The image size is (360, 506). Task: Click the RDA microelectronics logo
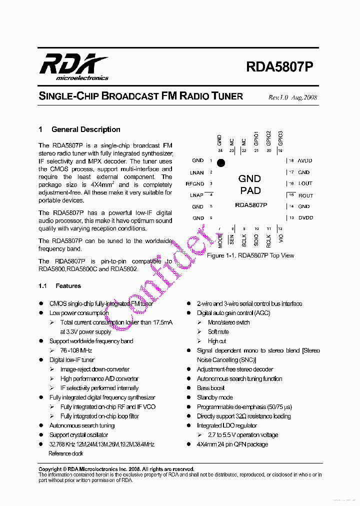[73, 67]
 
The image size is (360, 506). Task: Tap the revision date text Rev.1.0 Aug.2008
[292, 97]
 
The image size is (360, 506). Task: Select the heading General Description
[85, 129]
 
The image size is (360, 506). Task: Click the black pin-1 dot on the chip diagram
[221, 162]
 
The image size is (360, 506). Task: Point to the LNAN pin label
[197, 172]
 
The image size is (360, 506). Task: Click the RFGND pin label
[195, 184]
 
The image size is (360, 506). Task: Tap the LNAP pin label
[197, 195]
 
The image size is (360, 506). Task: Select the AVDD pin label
[305, 161]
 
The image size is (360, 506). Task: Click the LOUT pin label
[305, 184]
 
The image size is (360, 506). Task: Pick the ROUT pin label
[305, 195]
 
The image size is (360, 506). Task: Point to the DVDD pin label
[305, 218]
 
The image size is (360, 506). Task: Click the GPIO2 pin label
[268, 138]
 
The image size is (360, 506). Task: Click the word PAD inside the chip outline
[250, 190]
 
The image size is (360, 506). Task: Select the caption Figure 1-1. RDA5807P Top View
[250, 255]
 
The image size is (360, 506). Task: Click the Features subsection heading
[68, 286]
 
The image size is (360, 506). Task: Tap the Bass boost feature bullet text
[210, 388]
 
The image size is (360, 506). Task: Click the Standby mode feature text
[214, 397]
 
